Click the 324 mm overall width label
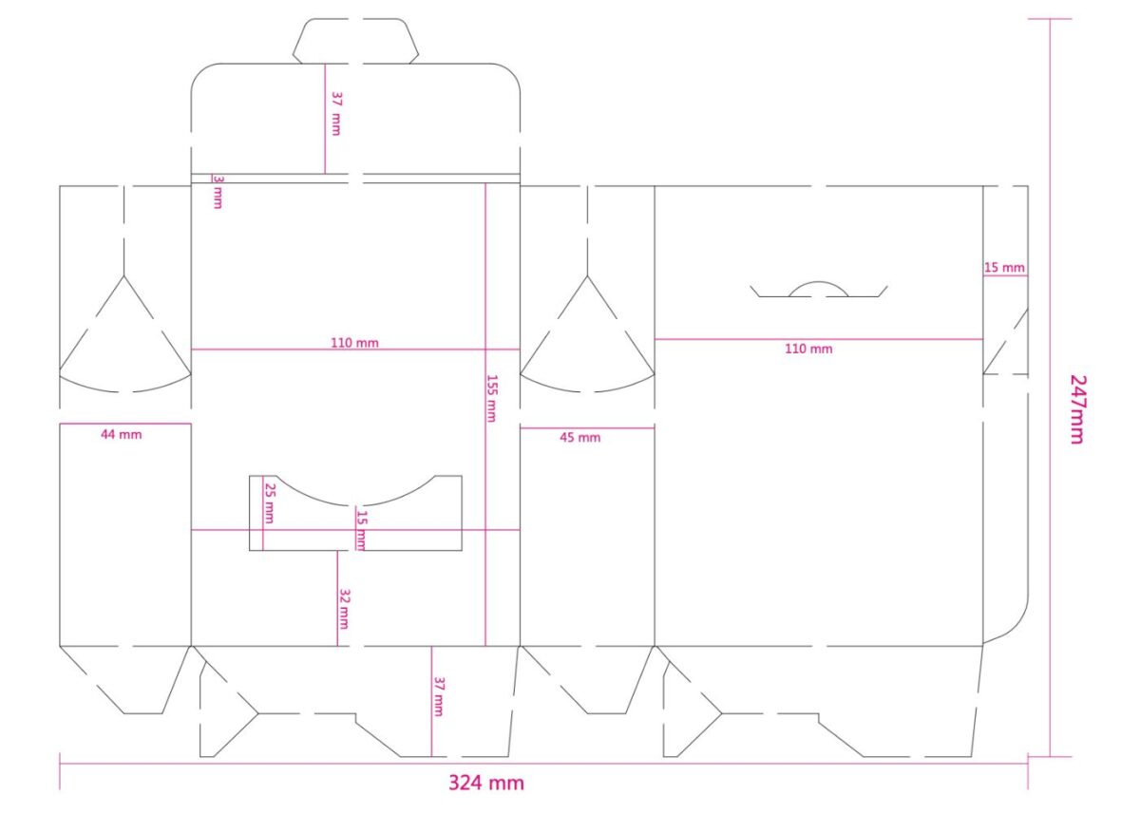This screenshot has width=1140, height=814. [486, 783]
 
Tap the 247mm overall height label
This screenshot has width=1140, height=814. [1077, 409]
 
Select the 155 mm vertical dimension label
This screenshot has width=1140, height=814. [492, 398]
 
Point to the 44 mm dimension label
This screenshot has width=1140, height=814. [122, 434]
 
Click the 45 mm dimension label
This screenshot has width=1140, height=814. [580, 438]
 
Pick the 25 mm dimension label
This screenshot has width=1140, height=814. [270, 503]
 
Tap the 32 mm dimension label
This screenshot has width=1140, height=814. [344, 609]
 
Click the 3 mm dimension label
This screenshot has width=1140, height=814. [218, 192]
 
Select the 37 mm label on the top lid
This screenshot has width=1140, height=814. [336, 113]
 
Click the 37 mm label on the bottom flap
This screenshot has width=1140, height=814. [438, 696]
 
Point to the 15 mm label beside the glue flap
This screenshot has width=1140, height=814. [1004, 268]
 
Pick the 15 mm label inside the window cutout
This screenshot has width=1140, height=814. [361, 531]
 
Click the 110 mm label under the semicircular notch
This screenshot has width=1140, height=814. [808, 349]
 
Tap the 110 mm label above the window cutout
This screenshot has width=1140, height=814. [354, 343]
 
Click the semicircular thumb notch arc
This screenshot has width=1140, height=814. [819, 282]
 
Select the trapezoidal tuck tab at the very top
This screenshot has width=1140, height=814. [355, 41]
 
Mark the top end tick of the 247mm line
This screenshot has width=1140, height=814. [1050, 19]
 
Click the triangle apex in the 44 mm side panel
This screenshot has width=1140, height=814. [123, 275]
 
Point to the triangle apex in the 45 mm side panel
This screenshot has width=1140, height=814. [587, 275]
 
